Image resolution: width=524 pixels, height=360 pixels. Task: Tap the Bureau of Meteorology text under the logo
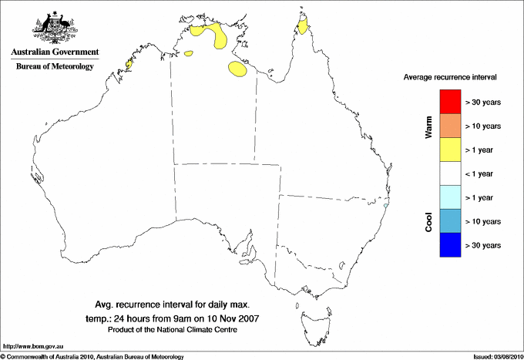54,67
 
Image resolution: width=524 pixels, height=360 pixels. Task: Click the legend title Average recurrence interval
450,78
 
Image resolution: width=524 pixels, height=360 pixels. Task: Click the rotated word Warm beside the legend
428,128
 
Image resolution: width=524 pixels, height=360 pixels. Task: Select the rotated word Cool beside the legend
428,222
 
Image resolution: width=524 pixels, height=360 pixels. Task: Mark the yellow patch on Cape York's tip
304,28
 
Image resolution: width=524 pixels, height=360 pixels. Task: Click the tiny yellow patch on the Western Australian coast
129,65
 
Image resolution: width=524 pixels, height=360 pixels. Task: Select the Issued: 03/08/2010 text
495,356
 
